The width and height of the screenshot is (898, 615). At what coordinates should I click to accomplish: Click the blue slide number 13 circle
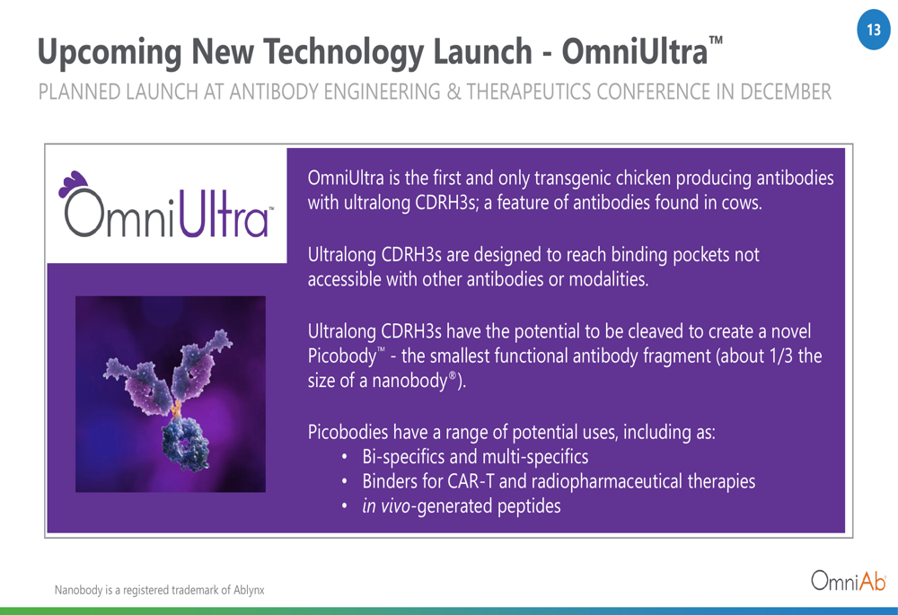(874, 30)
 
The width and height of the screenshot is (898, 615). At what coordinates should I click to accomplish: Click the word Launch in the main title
(483, 52)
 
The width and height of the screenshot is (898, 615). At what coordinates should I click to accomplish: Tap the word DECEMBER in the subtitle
(786, 92)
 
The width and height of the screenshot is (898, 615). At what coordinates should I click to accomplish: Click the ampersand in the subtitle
(453, 92)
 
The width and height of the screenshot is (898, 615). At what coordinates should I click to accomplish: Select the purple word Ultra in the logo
(224, 214)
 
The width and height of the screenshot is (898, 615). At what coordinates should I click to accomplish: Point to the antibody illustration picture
(171, 394)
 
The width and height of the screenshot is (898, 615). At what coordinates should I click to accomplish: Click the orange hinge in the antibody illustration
(176, 408)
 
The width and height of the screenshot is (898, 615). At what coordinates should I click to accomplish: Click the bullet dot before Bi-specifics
(344, 458)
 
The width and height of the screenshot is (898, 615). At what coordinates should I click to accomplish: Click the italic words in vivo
(386, 506)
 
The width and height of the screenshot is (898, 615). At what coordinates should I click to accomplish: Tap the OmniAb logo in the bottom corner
(849, 581)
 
